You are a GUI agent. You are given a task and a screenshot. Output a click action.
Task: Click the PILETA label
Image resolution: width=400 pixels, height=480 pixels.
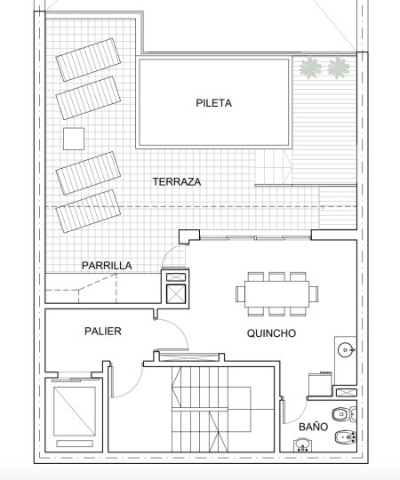(213, 103)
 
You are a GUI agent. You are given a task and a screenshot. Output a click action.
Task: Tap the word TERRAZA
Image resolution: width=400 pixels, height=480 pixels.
(177, 182)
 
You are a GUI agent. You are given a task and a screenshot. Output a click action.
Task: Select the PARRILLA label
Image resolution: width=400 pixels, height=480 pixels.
(107, 266)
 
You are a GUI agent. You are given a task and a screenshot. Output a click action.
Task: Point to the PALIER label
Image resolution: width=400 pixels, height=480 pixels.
(103, 331)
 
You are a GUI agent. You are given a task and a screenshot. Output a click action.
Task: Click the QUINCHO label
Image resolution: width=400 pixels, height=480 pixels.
(271, 333)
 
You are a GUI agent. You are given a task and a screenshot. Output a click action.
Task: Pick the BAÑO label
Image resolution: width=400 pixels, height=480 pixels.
(314, 427)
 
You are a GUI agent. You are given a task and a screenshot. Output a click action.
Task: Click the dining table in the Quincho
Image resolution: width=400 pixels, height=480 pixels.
(277, 294)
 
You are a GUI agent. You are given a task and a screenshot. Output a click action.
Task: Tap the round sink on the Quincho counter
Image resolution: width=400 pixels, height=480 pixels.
(346, 349)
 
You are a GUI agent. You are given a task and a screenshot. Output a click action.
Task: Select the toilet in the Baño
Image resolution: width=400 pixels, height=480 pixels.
(344, 415)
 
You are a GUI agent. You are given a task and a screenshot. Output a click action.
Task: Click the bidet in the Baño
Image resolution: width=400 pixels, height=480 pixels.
(345, 437)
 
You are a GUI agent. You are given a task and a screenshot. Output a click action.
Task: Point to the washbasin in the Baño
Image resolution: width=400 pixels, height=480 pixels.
(302, 444)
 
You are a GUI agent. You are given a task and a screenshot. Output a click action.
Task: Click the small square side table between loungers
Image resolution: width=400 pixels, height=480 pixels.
(74, 139)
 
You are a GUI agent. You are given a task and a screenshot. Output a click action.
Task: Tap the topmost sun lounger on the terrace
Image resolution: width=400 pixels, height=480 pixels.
(88, 60)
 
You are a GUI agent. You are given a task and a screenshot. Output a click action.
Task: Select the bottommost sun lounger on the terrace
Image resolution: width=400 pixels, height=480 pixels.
(88, 212)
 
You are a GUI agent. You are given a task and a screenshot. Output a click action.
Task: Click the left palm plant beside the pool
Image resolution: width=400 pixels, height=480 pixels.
(310, 68)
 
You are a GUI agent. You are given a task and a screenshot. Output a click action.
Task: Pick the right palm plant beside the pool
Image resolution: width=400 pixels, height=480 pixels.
(339, 68)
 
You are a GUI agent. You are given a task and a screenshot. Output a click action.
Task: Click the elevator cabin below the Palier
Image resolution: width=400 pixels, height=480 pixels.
(74, 412)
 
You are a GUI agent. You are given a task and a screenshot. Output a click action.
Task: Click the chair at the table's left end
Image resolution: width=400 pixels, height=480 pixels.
(240, 294)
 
